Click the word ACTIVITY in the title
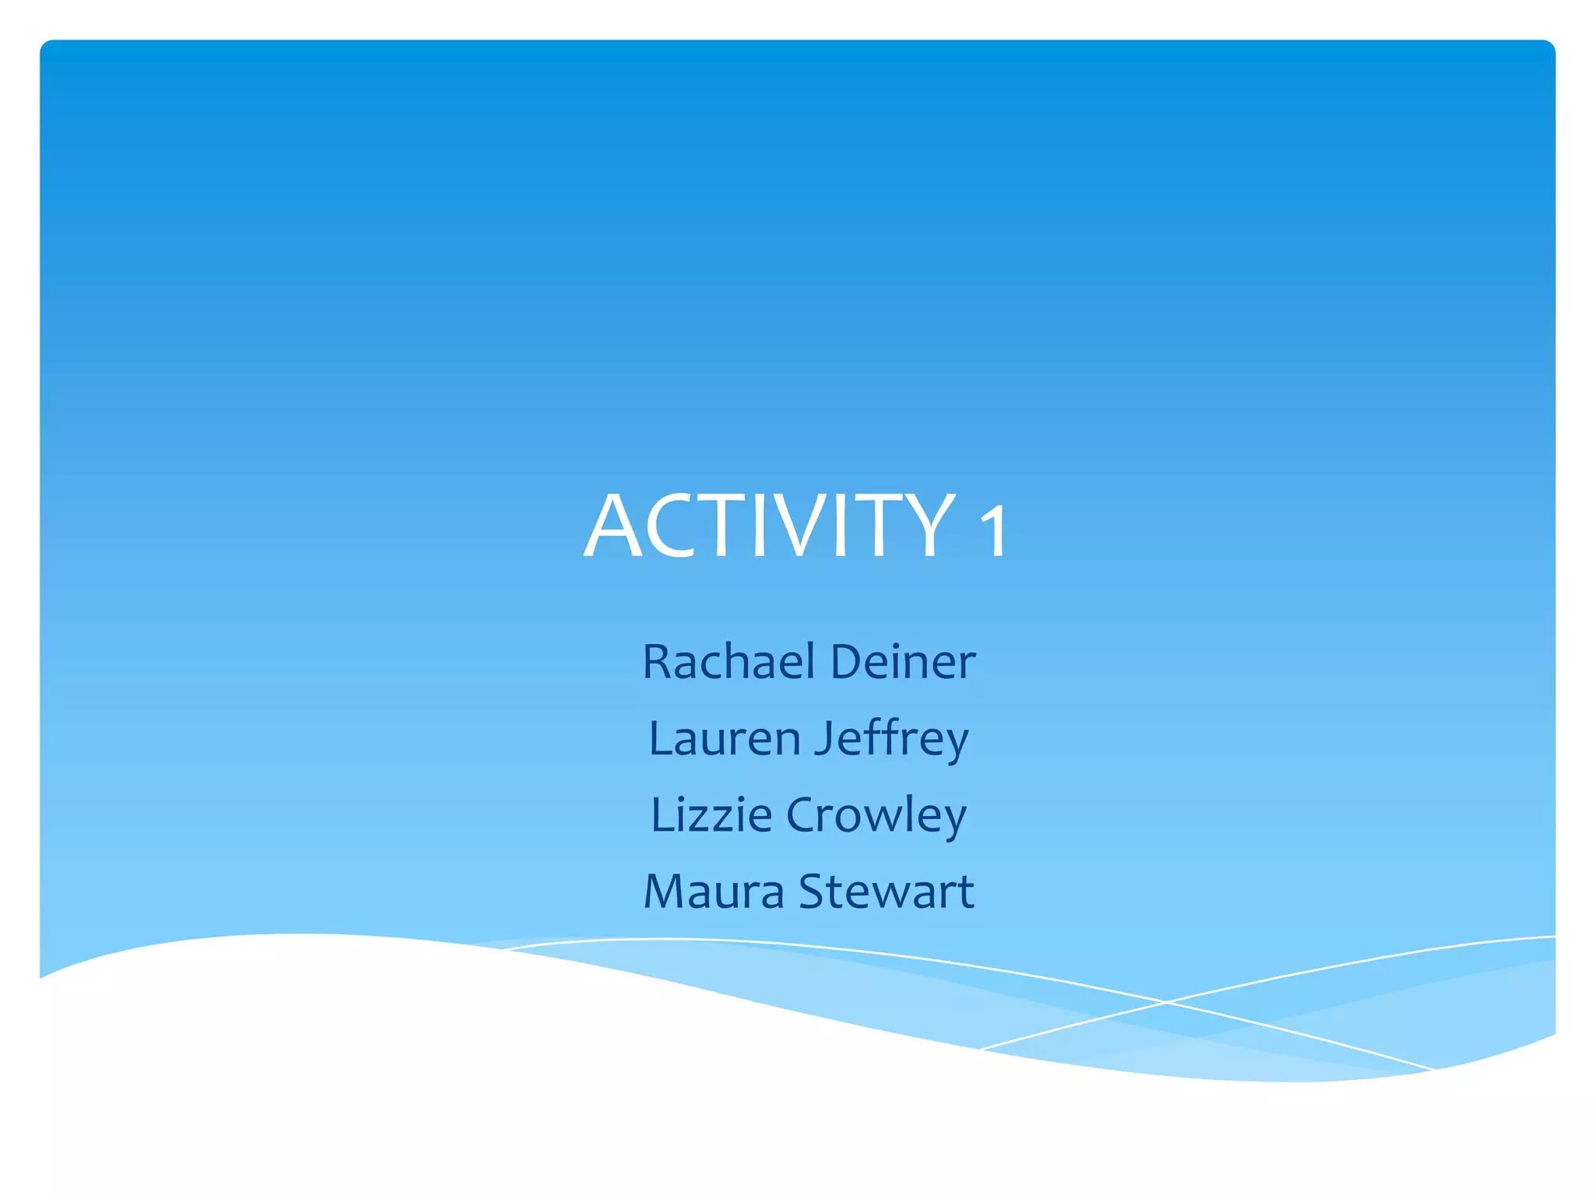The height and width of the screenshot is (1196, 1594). coord(769,527)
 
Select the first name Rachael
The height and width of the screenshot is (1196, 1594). coord(729,662)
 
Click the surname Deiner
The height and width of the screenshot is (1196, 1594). coord(903,662)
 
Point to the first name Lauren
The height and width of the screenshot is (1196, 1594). coord(724,738)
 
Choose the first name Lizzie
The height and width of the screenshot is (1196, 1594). coord(711,814)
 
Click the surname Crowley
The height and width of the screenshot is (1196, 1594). coord(876,816)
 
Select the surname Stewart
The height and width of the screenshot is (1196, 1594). coord(887,891)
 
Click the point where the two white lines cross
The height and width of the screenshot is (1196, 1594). coord(1165,1002)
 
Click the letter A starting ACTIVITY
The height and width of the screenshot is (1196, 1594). coord(615,527)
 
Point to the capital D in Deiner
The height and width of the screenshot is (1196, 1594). coord(848,662)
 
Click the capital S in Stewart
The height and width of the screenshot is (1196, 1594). coord(813,891)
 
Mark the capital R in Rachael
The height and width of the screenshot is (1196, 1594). coord(658,662)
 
